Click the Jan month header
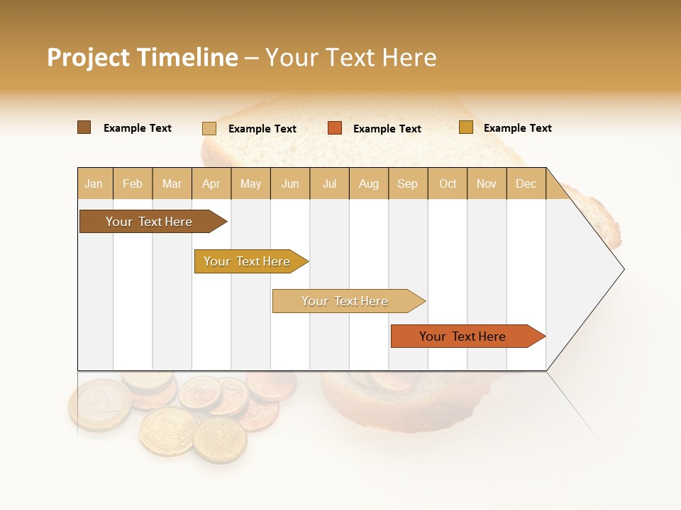[x=94, y=183]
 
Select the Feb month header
[x=133, y=183]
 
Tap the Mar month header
[x=172, y=183]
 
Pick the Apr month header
[x=211, y=183]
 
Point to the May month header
[x=250, y=183]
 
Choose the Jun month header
[x=290, y=183]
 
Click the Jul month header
[x=329, y=183]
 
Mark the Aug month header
[x=368, y=183]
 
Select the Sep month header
[x=407, y=183]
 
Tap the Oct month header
[x=448, y=183]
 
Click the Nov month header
[x=487, y=183]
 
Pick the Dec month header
[x=526, y=183]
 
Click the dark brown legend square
[x=84, y=127]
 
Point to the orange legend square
[x=335, y=128]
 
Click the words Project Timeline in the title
[x=142, y=57]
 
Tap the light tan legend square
[x=209, y=128]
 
